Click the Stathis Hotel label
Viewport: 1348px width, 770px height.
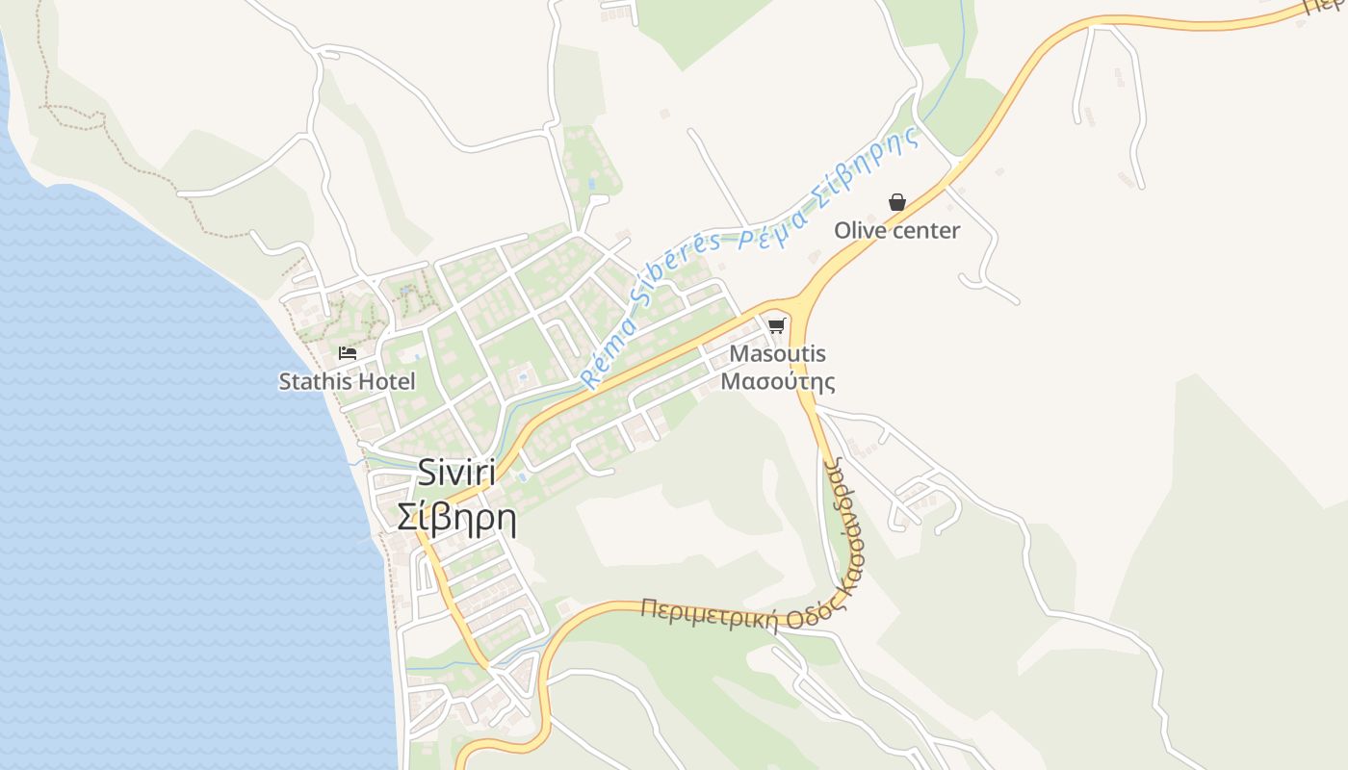pos(347,381)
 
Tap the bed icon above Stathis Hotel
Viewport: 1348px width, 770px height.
pos(348,353)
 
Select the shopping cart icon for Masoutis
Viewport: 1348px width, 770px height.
pos(777,325)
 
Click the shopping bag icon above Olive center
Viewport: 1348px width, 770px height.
pos(897,202)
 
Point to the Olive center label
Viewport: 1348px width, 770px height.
pos(896,230)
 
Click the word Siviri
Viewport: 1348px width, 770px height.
pos(456,473)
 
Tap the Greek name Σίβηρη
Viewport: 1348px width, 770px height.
pos(456,517)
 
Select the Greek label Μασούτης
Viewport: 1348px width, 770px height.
pos(778,381)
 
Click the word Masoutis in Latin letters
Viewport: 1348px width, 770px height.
pos(778,353)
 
